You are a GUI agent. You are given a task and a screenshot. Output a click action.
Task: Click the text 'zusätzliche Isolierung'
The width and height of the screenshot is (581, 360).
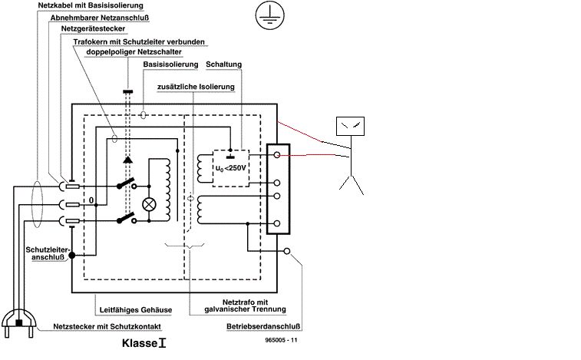[196, 88]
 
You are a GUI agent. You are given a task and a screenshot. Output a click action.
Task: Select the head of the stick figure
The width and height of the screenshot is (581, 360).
[354, 125]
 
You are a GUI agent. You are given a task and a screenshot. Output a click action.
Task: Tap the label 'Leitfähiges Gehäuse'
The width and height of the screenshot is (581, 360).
[134, 310]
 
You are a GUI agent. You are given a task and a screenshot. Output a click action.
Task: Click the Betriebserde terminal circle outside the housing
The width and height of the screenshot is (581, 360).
[286, 251]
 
